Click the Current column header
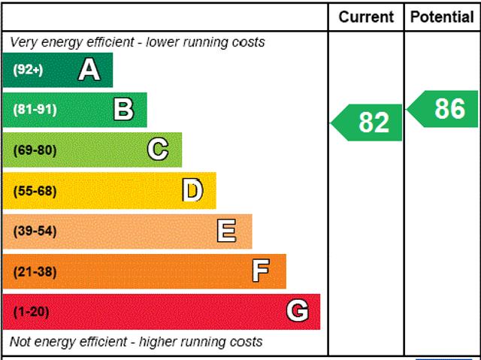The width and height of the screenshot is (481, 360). (366, 17)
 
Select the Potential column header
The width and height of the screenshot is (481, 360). (442, 17)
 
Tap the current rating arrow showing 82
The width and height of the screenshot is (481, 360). (368, 123)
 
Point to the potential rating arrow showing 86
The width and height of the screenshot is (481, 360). (444, 109)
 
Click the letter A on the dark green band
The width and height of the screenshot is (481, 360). (89, 70)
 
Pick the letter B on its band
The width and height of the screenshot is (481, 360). (123, 110)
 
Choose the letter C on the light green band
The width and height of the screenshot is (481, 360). (158, 150)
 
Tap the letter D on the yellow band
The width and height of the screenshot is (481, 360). (192, 190)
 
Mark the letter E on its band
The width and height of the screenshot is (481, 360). (226, 231)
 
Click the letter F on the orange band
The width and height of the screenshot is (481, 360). (261, 271)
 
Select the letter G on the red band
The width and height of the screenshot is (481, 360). (298, 311)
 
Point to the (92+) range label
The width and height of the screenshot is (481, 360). (29, 70)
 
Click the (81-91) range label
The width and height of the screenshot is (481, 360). (35, 110)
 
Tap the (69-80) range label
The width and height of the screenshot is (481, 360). (35, 150)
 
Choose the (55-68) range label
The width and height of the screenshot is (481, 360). (35, 190)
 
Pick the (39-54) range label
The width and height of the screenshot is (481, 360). (35, 231)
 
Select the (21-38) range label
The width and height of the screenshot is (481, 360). (35, 271)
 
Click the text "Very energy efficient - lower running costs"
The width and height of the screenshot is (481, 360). (138, 42)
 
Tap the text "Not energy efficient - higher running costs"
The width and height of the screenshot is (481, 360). (136, 342)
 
